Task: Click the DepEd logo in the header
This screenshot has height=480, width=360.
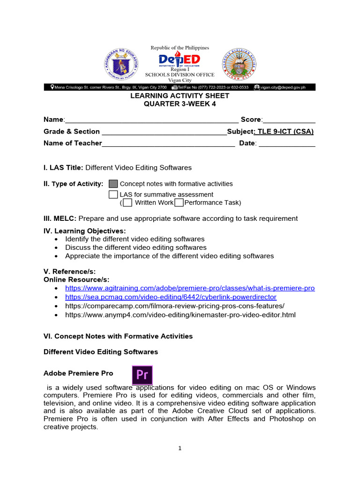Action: (x=180, y=60)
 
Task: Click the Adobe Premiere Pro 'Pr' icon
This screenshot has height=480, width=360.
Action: (x=142, y=375)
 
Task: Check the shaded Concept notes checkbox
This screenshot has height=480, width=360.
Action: (x=113, y=184)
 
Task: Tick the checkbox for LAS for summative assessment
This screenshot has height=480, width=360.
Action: (x=113, y=194)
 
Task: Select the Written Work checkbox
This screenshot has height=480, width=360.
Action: (x=127, y=202)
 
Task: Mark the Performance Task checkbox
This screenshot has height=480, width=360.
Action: (x=179, y=202)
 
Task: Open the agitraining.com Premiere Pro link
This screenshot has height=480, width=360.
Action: (x=190, y=288)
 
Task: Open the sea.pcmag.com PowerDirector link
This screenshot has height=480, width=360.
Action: (x=171, y=297)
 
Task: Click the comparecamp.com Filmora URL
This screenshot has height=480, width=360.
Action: (x=174, y=306)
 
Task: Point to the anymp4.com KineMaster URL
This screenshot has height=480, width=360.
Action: (x=180, y=315)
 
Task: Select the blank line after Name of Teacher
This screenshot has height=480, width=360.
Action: (x=168, y=144)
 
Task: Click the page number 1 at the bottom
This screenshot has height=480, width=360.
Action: (x=180, y=448)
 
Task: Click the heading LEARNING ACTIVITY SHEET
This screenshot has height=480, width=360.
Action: (x=180, y=96)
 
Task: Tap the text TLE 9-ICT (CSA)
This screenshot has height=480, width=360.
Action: (x=285, y=132)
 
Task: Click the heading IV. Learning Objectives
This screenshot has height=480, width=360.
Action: (x=85, y=231)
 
